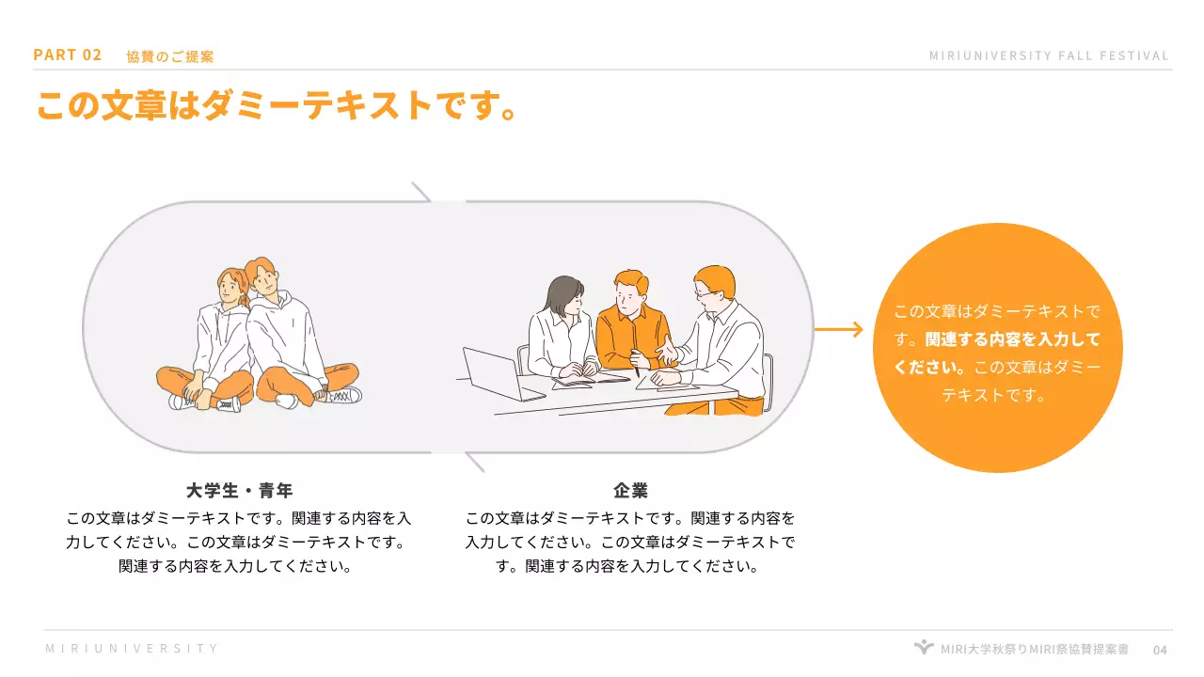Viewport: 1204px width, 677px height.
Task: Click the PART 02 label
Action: pyautogui.click(x=67, y=55)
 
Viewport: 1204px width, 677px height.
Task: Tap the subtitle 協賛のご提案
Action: pyautogui.click(x=170, y=56)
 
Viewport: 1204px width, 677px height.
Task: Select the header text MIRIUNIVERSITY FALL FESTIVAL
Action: pyautogui.click(x=1049, y=55)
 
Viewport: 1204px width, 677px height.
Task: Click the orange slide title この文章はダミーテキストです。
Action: pyautogui.click(x=277, y=105)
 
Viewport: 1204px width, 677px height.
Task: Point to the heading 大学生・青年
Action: pyautogui.click(x=239, y=491)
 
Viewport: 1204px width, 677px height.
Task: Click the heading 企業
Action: pyautogui.click(x=630, y=491)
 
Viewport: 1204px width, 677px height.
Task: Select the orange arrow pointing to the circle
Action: pyautogui.click(x=838, y=329)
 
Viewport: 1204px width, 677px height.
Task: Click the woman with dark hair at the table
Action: pyautogui.click(x=562, y=329)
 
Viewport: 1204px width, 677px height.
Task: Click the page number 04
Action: pyautogui.click(x=1160, y=650)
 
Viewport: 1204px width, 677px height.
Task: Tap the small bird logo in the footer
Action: pyautogui.click(x=924, y=648)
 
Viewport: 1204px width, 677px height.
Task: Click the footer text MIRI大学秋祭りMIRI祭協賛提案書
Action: pyautogui.click(x=1035, y=649)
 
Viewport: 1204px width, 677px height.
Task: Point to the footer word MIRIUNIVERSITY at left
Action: pyautogui.click(x=132, y=649)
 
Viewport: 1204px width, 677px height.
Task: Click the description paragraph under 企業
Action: pyautogui.click(x=630, y=543)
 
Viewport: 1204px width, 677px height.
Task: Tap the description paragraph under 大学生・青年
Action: pyautogui.click(x=239, y=543)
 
